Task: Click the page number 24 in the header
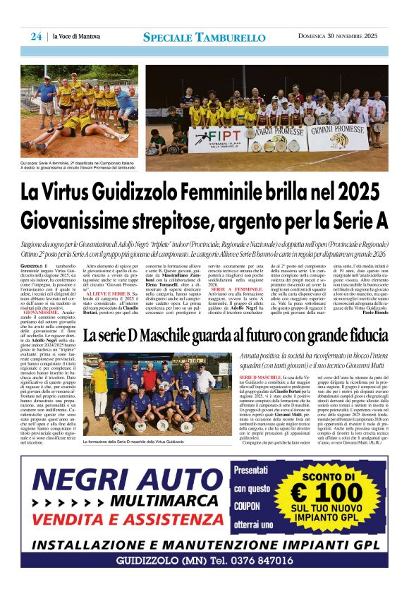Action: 35,37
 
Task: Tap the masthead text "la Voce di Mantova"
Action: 76,37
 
